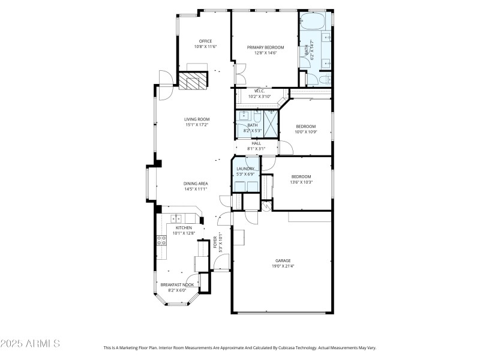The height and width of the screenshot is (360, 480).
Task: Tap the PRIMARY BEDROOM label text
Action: tap(265, 47)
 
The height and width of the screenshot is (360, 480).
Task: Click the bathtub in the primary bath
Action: tap(312, 23)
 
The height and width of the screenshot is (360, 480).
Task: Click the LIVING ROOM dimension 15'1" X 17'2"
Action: tap(196, 125)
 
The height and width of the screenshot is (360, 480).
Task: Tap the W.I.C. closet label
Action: tap(259, 91)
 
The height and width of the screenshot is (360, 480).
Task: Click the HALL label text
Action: tap(256, 143)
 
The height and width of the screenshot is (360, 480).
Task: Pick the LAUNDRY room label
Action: tap(245, 169)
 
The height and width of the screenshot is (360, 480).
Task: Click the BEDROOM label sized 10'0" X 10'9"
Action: tap(305, 126)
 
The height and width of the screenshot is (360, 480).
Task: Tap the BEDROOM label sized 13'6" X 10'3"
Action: tap(301, 176)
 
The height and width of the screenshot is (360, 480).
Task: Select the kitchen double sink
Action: tap(177, 218)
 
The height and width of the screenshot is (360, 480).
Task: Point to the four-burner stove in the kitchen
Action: tap(161, 241)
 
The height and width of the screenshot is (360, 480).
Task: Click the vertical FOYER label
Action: tap(215, 242)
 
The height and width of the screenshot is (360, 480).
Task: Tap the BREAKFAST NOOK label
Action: tap(175, 284)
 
